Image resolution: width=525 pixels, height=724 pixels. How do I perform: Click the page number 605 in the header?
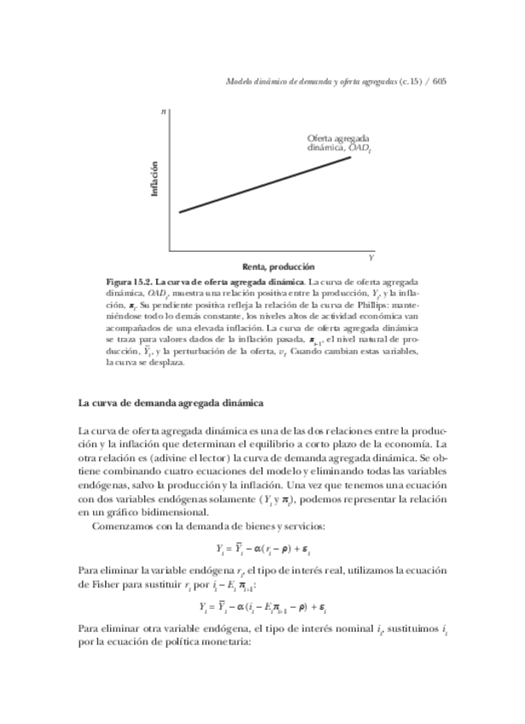tap(440, 82)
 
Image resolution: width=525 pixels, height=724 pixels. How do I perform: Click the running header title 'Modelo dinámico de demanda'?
tap(282, 82)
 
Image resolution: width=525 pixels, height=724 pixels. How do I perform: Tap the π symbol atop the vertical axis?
tap(163, 112)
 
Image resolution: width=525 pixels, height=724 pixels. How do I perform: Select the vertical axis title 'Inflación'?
tap(155, 180)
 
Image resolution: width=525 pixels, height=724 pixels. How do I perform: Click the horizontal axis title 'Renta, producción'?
tap(266, 266)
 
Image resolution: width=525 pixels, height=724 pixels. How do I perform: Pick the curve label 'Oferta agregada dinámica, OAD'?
tap(339, 143)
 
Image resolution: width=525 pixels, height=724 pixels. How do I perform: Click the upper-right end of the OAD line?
tap(351, 157)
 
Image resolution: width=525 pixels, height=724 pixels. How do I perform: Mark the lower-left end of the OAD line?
tap(179, 213)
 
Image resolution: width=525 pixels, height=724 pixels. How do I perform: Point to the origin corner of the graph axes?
tap(169, 251)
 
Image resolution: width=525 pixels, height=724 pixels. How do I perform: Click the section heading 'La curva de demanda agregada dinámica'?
tap(171, 403)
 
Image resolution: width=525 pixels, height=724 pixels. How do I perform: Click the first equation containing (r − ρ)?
tap(260, 548)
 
